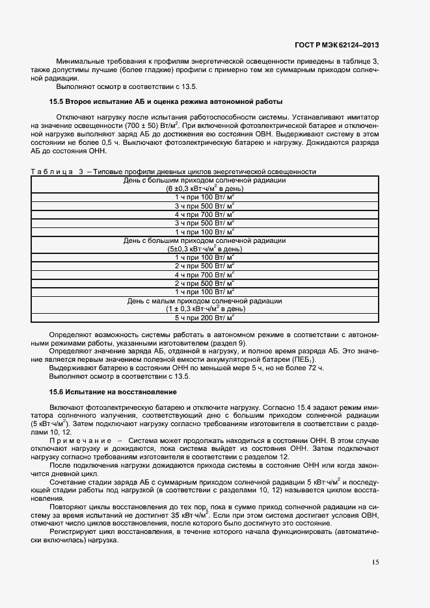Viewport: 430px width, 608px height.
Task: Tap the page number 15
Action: click(375, 563)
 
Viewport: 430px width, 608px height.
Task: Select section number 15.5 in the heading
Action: click(58, 102)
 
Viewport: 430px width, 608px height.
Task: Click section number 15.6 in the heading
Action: click(58, 392)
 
